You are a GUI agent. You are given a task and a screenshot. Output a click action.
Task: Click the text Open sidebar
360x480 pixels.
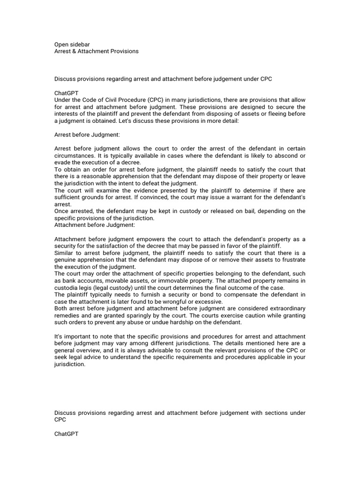pyautogui.click(x=72, y=45)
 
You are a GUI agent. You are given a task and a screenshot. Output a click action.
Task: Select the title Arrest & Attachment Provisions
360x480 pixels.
pyautogui.click(x=97, y=51)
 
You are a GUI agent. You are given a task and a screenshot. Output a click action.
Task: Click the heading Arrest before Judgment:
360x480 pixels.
pyautogui.click(x=87, y=135)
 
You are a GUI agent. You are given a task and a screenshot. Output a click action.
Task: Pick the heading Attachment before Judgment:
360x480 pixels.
pyautogui.click(x=95, y=225)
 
